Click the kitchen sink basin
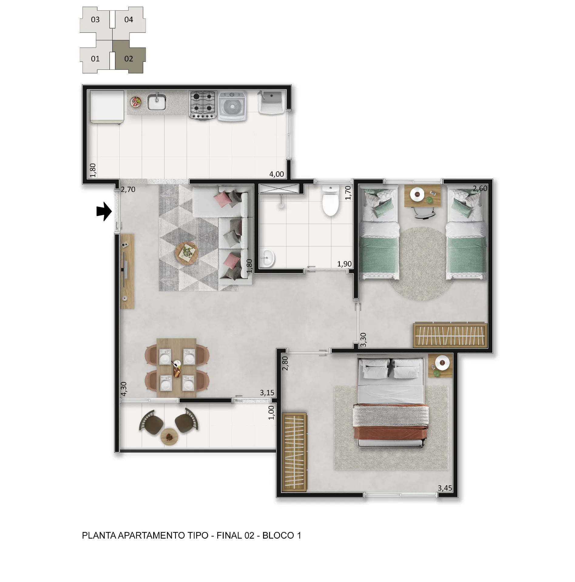point(157,102)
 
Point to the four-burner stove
point(202,105)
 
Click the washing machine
point(233,106)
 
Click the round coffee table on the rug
point(187,253)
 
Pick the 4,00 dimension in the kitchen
point(277,174)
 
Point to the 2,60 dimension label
point(480,188)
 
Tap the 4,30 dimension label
point(123,389)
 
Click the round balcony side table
point(169,436)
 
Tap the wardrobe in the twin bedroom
point(450,335)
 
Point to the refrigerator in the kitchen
point(107,107)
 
